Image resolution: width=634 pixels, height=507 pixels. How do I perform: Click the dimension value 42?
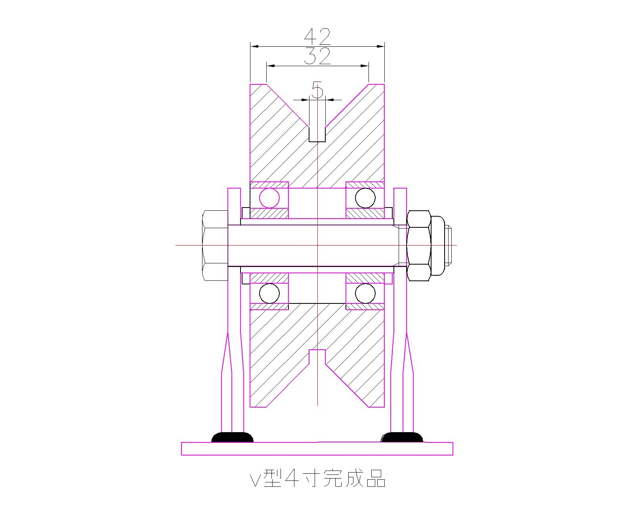coord(317,37)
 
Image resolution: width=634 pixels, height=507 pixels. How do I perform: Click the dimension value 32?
coord(317,56)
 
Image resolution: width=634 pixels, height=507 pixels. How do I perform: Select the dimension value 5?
coord(317,90)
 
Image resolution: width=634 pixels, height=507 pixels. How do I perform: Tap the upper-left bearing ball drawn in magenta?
coord(269,198)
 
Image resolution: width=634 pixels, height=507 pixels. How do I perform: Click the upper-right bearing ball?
coord(365,198)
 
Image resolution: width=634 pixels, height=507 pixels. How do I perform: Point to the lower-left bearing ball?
coord(269,294)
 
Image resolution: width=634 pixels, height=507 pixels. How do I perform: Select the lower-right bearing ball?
coord(365,294)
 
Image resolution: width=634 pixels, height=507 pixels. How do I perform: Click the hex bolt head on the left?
coord(215,246)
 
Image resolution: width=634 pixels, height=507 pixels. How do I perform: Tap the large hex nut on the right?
coord(418,246)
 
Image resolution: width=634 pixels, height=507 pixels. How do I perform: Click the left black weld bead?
coord(232,438)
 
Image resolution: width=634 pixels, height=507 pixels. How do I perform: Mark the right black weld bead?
coord(401,438)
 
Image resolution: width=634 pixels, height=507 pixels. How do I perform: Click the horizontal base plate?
coord(317,449)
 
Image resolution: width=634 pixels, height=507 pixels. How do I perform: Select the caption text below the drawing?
coord(317,478)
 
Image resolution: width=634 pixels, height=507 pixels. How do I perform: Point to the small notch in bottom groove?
coord(317,356)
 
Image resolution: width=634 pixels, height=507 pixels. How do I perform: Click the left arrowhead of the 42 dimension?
coord(254,46)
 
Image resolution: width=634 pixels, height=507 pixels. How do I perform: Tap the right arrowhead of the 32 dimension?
coord(365,66)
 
